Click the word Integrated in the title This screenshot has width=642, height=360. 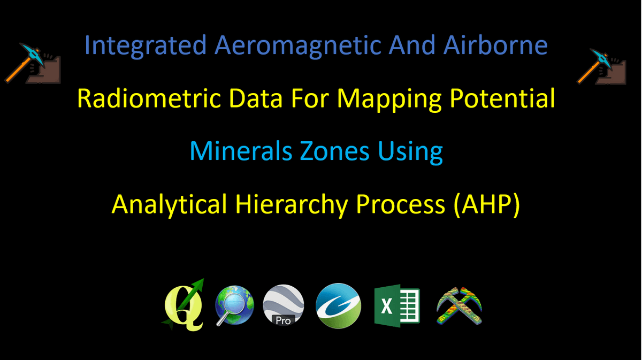tap(146, 46)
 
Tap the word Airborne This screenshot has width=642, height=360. tap(495, 45)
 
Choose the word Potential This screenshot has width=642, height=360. tap(502, 98)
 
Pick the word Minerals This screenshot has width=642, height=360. tap(241, 151)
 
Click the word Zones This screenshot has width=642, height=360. tap(334, 151)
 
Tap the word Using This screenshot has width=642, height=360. tap(410, 152)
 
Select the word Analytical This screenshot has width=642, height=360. tap(169, 205)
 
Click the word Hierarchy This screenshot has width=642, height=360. tap(292, 205)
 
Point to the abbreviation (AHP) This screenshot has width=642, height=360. tap(487, 204)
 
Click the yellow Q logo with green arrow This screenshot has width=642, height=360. tap(184, 305)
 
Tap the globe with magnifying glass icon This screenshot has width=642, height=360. tap(234, 305)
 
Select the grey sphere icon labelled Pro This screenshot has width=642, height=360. tap(283, 305)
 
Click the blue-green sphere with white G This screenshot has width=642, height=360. tap(338, 306)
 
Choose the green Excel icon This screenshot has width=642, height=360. tap(397, 306)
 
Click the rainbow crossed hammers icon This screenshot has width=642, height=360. tap(459, 306)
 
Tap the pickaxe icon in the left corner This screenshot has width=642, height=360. tap(33, 63)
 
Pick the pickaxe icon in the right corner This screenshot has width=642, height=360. tap(601, 67)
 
